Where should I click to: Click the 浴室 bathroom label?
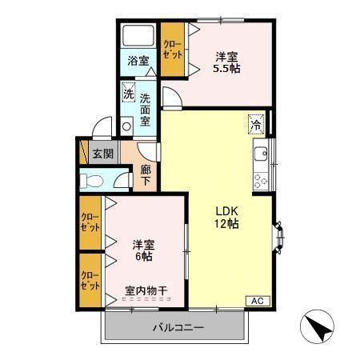[138, 61]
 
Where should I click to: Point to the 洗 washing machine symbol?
[128, 94]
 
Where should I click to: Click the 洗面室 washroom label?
[146, 110]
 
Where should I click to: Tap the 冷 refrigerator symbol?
[256, 123]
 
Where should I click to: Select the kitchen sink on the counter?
[260, 152]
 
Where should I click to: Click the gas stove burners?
[260, 180]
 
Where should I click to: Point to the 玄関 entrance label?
[101, 154]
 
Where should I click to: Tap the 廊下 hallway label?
[146, 174]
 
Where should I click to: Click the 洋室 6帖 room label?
[144, 250]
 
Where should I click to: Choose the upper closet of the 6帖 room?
[90, 223]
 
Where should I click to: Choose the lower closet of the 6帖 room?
[90, 279]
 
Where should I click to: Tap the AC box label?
[257, 301]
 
